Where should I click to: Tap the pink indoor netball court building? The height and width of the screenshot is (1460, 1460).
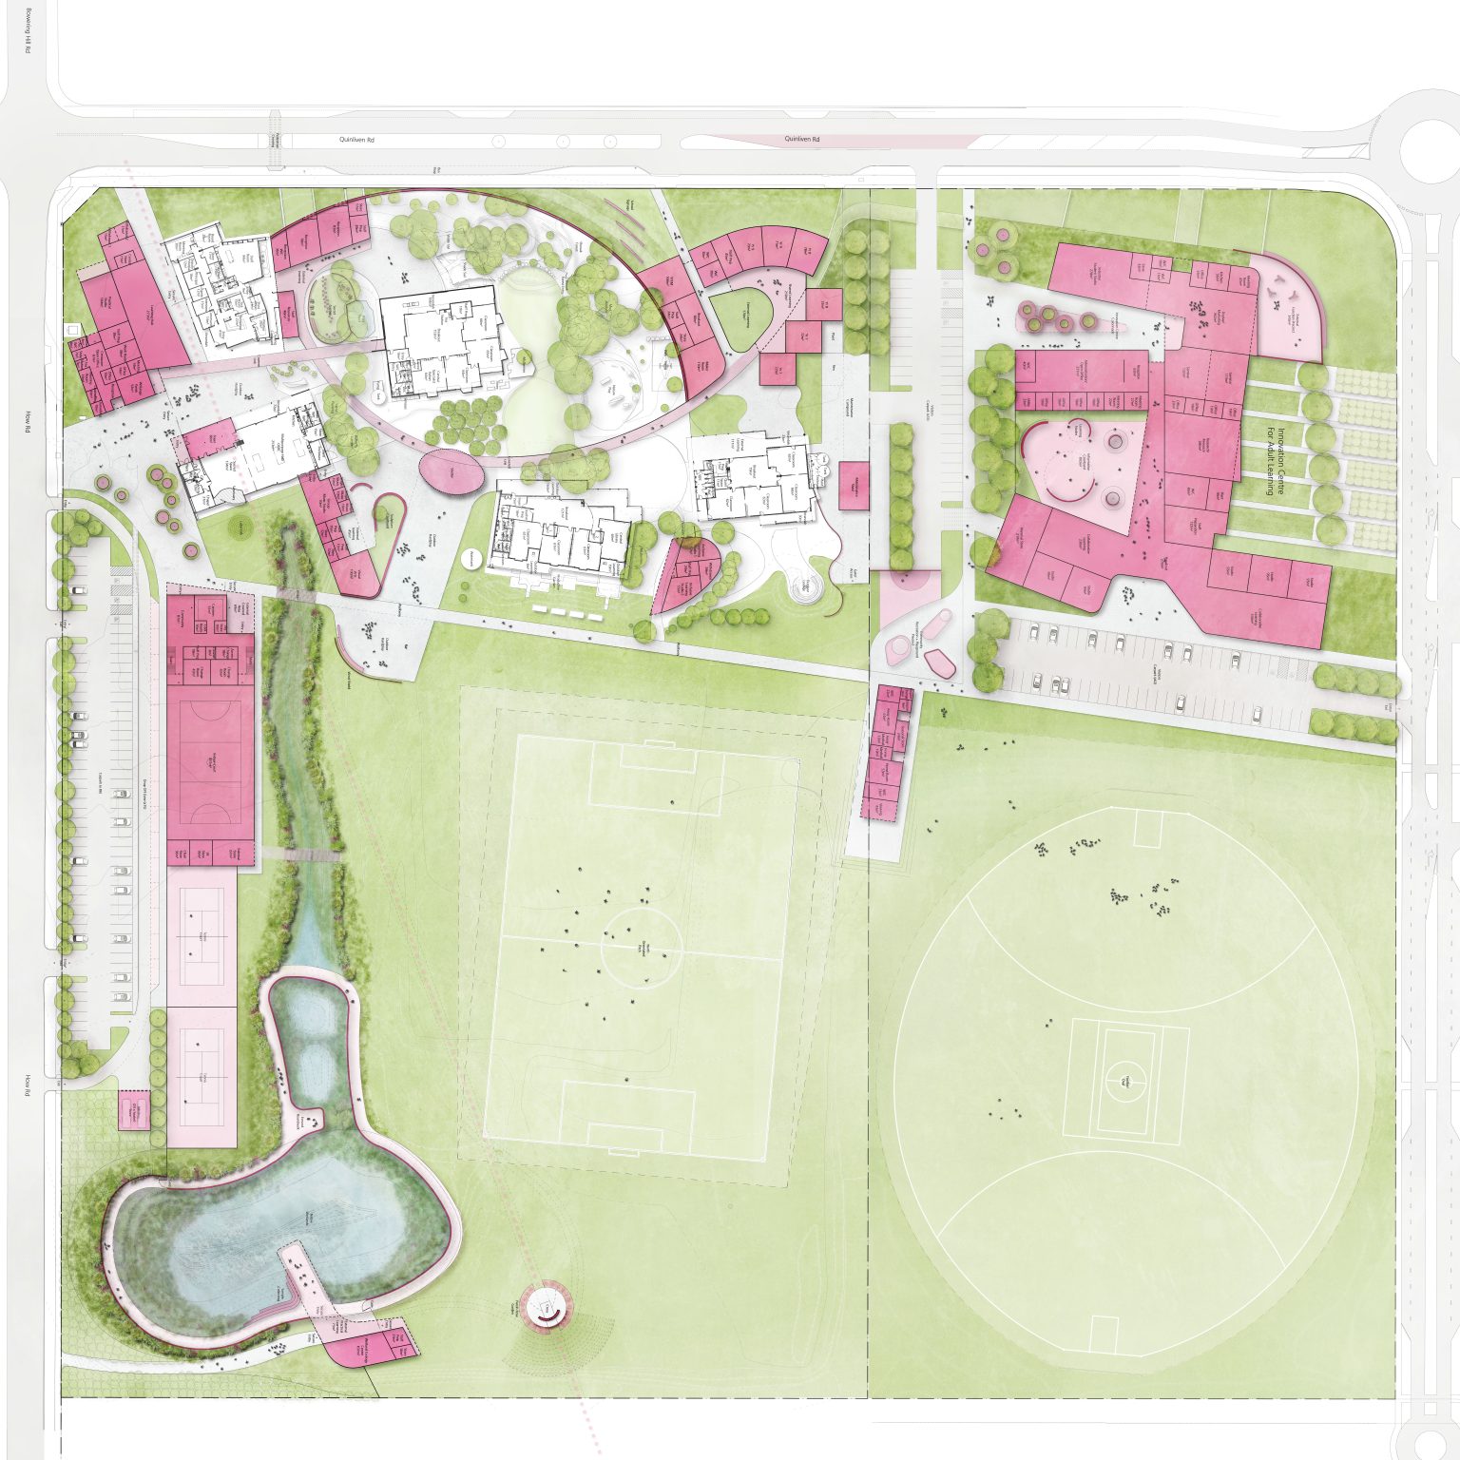pos(210,760)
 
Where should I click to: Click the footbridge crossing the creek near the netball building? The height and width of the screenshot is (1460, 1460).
pos(302,854)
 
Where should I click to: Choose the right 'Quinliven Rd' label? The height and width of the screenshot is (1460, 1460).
pos(800,139)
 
